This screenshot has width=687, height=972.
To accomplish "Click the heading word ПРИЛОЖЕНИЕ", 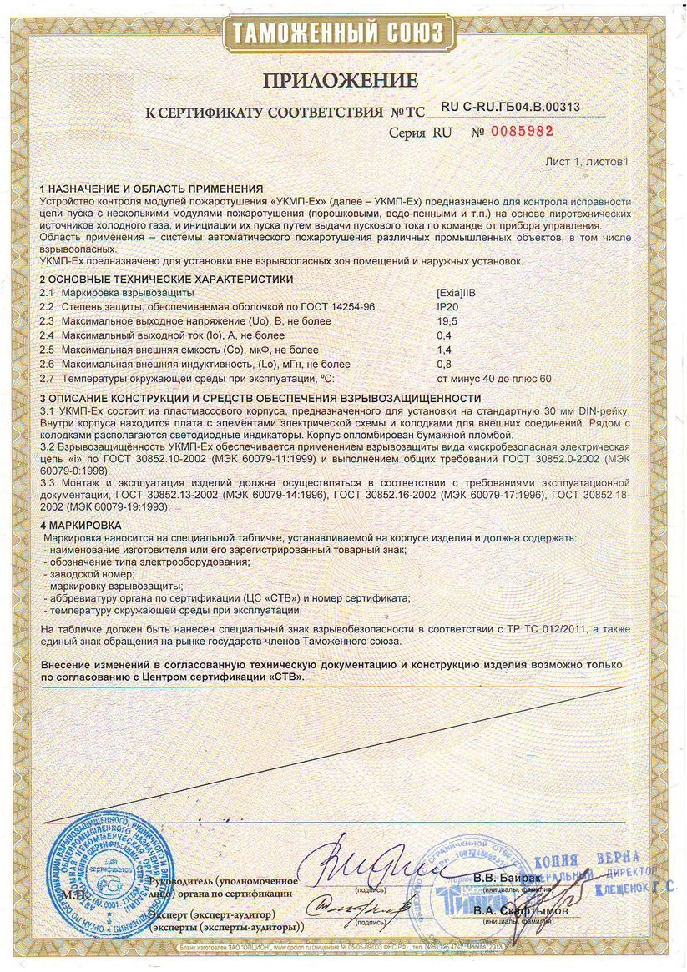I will click(x=341, y=81).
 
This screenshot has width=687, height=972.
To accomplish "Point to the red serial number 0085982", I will click(x=522, y=132).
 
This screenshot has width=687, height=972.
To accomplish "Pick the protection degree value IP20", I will click(x=447, y=307).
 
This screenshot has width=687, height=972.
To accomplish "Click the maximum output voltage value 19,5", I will click(x=447, y=321).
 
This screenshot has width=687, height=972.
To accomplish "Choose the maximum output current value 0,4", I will click(x=444, y=335).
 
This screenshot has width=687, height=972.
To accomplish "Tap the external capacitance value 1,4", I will click(x=444, y=350).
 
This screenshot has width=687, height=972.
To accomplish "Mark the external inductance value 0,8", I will click(x=444, y=364).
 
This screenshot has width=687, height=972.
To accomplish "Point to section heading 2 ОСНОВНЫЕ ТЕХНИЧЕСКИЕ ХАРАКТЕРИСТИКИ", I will click(x=166, y=279).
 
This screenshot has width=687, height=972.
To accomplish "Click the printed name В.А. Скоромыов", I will click(x=519, y=911).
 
